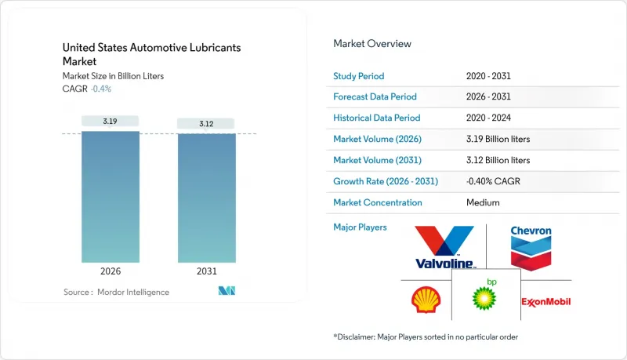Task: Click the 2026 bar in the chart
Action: click(111, 196)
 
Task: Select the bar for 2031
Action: click(206, 198)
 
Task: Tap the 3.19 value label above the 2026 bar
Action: click(111, 121)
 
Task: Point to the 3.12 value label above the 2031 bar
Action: click(206, 123)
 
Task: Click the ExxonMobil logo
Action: click(545, 302)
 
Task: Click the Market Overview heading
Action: click(372, 44)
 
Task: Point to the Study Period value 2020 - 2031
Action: click(486, 77)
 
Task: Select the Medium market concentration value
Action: click(482, 202)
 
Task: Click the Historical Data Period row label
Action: click(377, 118)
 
